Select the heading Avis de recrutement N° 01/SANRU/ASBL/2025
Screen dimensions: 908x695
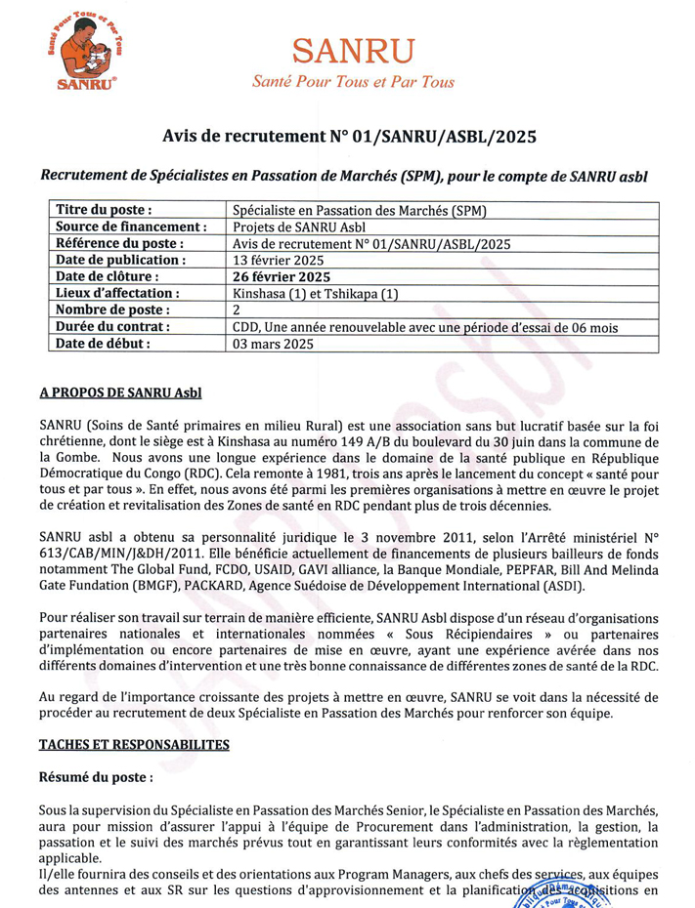(x=349, y=137)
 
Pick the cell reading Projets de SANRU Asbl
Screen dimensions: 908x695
(x=290, y=227)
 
